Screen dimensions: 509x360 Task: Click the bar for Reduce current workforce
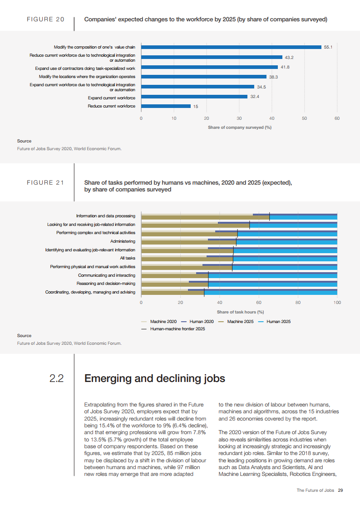(x=166, y=106)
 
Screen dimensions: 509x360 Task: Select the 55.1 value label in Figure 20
(x=328, y=47)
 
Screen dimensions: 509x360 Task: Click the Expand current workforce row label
(x=111, y=98)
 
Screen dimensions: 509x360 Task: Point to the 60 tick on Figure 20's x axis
(x=337, y=118)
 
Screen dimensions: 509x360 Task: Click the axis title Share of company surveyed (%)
(x=239, y=127)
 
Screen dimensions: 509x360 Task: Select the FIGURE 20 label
(x=45, y=20)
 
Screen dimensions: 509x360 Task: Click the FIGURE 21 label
(x=45, y=182)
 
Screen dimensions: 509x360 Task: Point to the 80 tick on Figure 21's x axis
(x=298, y=302)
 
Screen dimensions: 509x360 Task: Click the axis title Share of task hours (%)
(x=240, y=312)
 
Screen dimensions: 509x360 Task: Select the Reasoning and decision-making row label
(x=105, y=284)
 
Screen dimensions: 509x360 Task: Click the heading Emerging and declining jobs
(x=155, y=378)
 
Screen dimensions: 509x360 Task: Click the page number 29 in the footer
(x=340, y=490)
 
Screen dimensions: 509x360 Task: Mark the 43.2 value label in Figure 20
(x=289, y=58)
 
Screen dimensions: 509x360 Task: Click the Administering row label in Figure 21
(x=123, y=241)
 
